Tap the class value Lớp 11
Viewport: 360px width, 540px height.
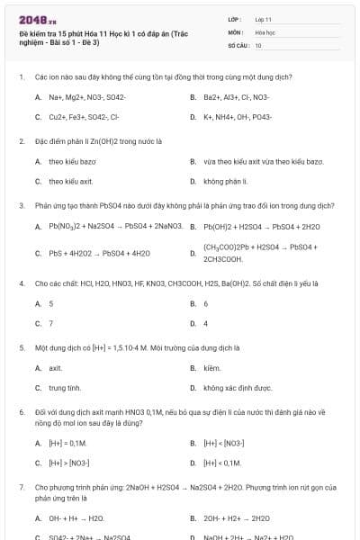click(x=263, y=18)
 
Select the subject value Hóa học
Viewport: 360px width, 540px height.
click(x=264, y=31)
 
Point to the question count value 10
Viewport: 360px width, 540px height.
click(x=258, y=44)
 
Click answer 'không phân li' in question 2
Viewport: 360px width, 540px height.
click(x=225, y=181)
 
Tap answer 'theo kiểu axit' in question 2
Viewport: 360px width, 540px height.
click(x=65, y=181)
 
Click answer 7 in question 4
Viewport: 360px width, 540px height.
click(x=51, y=323)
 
